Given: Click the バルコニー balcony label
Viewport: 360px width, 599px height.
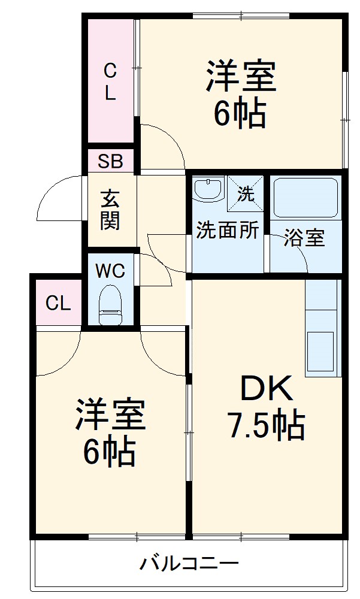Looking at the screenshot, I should tap(189, 564).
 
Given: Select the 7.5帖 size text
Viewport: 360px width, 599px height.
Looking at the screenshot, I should tap(265, 426).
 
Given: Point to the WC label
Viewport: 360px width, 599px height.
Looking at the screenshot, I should tap(110, 271).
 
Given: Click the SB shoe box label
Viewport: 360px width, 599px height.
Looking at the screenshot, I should tap(111, 161).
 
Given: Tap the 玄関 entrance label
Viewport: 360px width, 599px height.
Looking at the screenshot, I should tap(110, 210).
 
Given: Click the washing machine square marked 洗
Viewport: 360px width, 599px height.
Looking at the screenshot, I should tap(246, 193).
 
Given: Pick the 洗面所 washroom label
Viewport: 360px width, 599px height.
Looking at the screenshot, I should tap(228, 231).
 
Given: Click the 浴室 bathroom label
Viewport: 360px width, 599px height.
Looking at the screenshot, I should tap(304, 238).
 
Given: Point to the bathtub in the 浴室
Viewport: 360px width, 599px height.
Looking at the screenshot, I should tap(305, 198).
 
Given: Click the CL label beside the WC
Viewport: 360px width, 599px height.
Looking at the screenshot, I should tap(58, 304).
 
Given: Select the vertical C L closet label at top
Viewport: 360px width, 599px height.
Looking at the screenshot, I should tap(110, 83).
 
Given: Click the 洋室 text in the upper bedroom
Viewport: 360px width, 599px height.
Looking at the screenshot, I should tap(241, 76).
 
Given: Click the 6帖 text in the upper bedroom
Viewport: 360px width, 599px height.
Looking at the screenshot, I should tap(240, 113).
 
